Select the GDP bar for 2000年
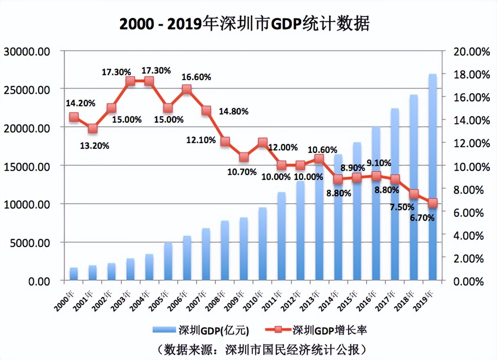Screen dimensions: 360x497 74,274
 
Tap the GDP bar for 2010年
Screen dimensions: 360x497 262,245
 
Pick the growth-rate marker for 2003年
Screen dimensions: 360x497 130,81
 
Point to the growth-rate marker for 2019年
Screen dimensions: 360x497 433,203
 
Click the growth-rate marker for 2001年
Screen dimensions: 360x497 93,128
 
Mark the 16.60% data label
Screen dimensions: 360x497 197,76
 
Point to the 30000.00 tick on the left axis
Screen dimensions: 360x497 27,52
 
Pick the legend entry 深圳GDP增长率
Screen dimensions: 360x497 315,330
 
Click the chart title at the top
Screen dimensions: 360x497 244,24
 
